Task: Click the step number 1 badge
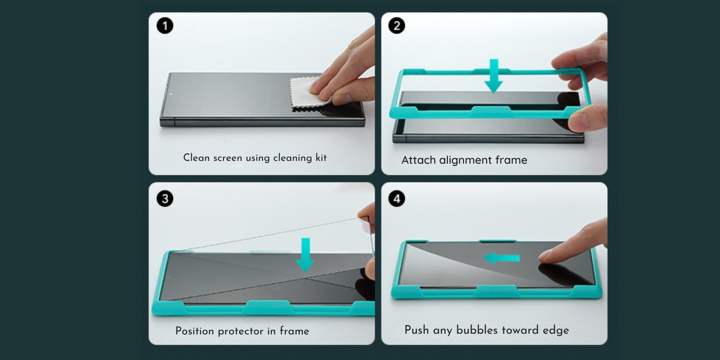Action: click(x=165, y=26)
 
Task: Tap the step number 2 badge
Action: click(x=397, y=26)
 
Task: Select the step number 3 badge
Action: click(x=165, y=199)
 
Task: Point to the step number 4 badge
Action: click(x=397, y=199)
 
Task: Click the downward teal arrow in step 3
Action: click(x=305, y=255)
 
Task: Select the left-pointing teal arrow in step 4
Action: click(x=501, y=258)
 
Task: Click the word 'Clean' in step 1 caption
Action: click(x=197, y=158)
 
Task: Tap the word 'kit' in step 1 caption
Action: click(x=321, y=158)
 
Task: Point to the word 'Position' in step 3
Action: click(x=195, y=331)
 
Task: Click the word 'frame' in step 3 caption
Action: click(x=294, y=331)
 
